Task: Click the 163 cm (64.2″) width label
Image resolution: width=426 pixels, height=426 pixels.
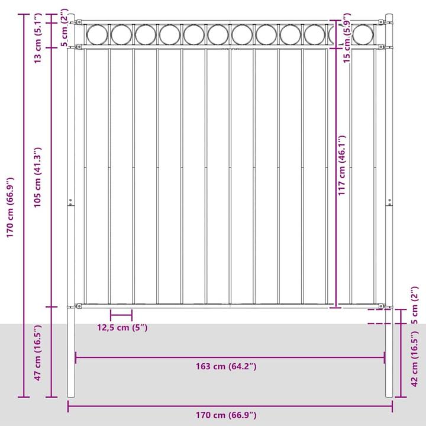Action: point(226,366)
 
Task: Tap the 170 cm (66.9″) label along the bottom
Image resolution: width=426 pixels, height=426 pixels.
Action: point(226,415)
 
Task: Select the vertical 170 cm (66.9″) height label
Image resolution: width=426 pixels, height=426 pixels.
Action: point(10,208)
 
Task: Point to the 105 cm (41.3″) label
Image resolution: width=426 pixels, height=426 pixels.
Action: point(37,177)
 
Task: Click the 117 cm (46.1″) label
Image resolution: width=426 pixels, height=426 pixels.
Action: point(341,165)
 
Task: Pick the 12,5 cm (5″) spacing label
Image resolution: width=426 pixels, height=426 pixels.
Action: point(122,328)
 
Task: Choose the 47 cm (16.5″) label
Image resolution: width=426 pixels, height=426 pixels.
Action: point(37,353)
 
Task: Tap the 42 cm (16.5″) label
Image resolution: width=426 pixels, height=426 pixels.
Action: point(415,359)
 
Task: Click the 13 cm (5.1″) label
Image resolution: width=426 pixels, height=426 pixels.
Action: point(37,38)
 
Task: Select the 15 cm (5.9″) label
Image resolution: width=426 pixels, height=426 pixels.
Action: point(347,38)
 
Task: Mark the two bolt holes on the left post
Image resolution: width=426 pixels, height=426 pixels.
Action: point(70,202)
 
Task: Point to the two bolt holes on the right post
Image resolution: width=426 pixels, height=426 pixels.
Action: point(389,202)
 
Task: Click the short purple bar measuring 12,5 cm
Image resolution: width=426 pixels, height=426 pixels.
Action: point(121,315)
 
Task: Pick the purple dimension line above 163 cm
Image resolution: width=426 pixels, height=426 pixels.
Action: point(230,357)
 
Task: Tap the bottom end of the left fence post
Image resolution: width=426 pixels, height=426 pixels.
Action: point(71,397)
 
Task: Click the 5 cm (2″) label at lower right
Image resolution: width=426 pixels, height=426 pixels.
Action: point(415,305)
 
